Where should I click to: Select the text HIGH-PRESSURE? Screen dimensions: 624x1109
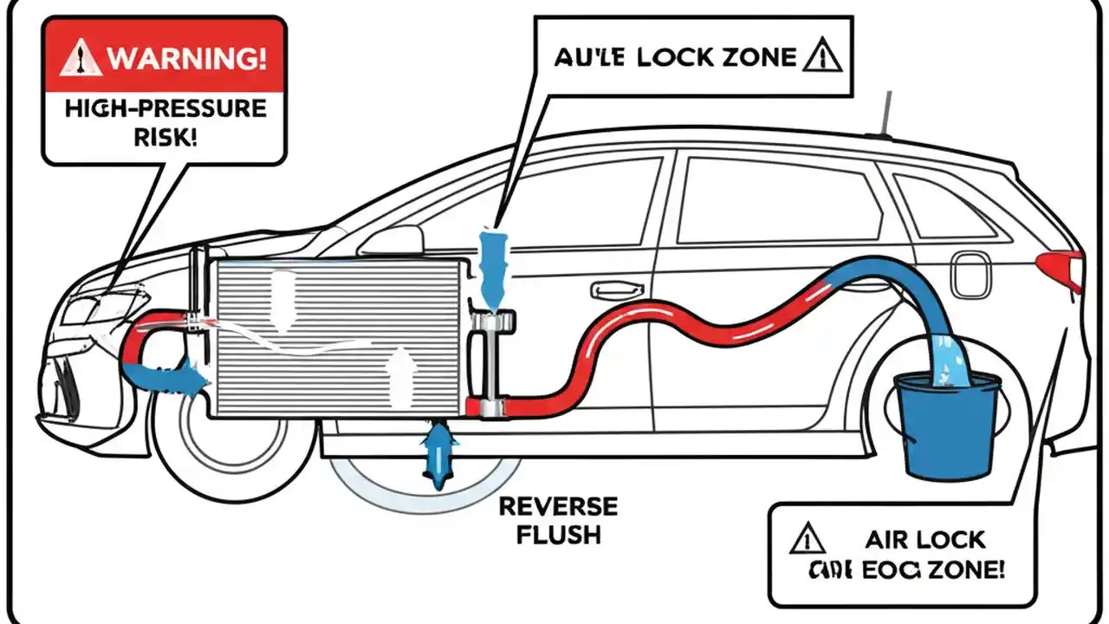pos(164,109)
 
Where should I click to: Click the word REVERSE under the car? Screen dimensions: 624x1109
pos(559,507)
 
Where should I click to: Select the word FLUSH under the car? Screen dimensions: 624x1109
pos(559,534)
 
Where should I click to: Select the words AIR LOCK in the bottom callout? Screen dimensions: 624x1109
pos(925,539)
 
